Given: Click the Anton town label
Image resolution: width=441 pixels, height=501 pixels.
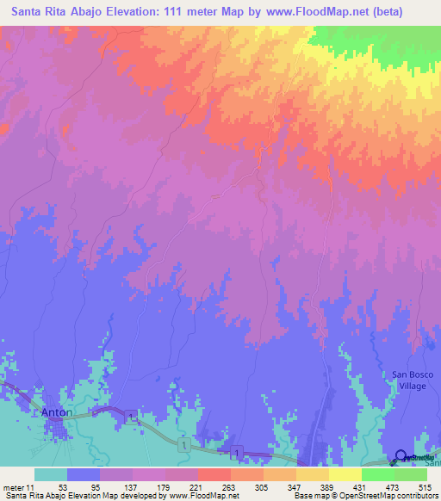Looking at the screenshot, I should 55,412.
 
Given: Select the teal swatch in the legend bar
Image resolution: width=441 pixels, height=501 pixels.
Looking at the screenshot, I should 51,474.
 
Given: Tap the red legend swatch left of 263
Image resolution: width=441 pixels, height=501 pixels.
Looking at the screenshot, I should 214,474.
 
